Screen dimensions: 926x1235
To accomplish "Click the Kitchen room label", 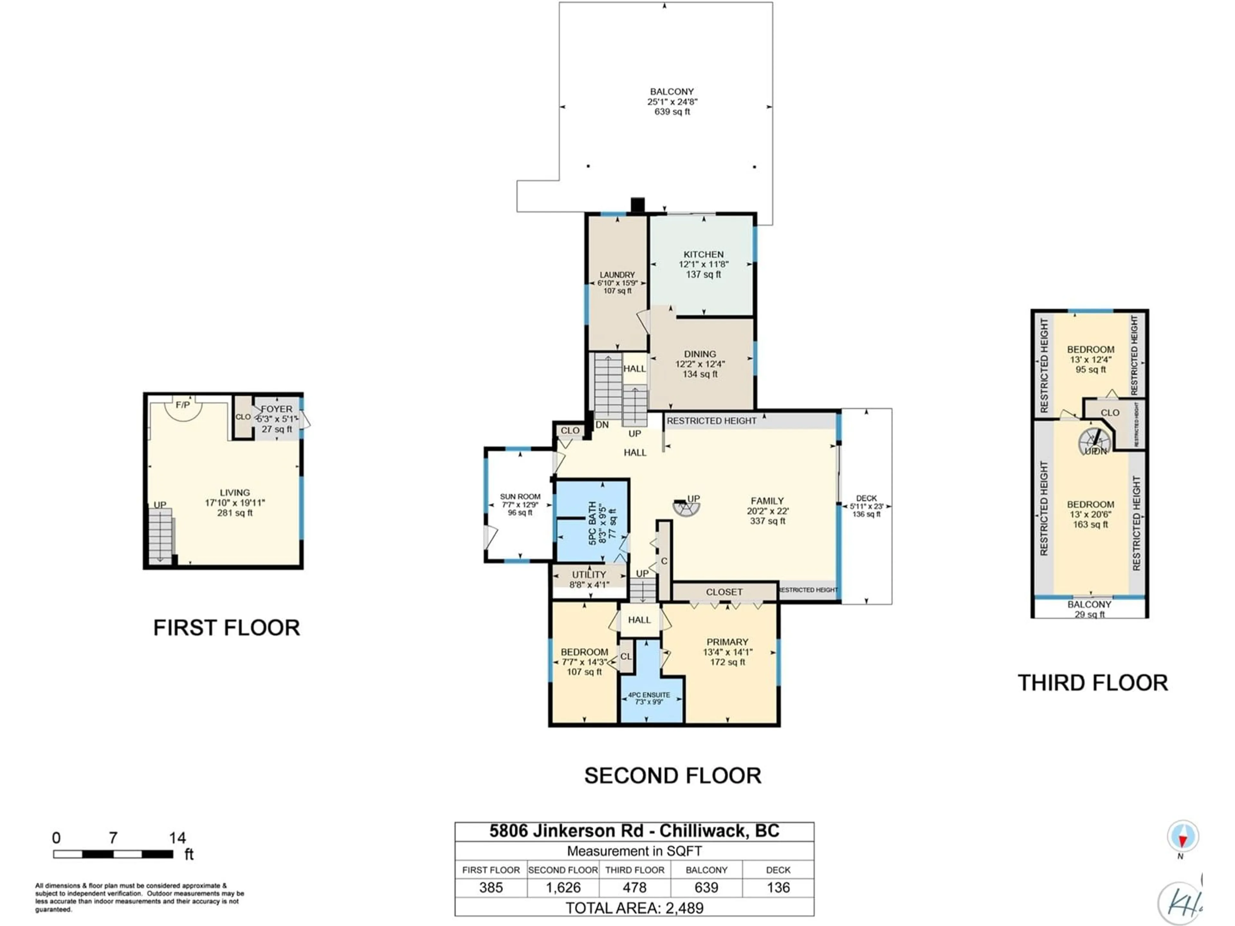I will (x=703, y=264).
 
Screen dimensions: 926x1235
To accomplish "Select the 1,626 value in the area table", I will (x=563, y=887).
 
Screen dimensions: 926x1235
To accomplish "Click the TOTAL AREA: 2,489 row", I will (x=634, y=908).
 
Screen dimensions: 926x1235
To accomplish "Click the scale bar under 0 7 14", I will (x=113, y=854).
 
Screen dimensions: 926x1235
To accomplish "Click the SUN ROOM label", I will (x=520, y=504).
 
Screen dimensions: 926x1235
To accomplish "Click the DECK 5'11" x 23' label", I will (x=866, y=506).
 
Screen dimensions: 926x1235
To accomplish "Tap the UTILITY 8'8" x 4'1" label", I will (x=589, y=579).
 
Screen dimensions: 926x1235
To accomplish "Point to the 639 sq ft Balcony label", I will (x=672, y=102).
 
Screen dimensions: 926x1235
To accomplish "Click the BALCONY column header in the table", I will (x=706, y=870).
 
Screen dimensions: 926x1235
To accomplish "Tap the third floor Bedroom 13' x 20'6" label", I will (x=1090, y=514).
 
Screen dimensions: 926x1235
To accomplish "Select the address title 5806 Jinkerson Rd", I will (x=634, y=831).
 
